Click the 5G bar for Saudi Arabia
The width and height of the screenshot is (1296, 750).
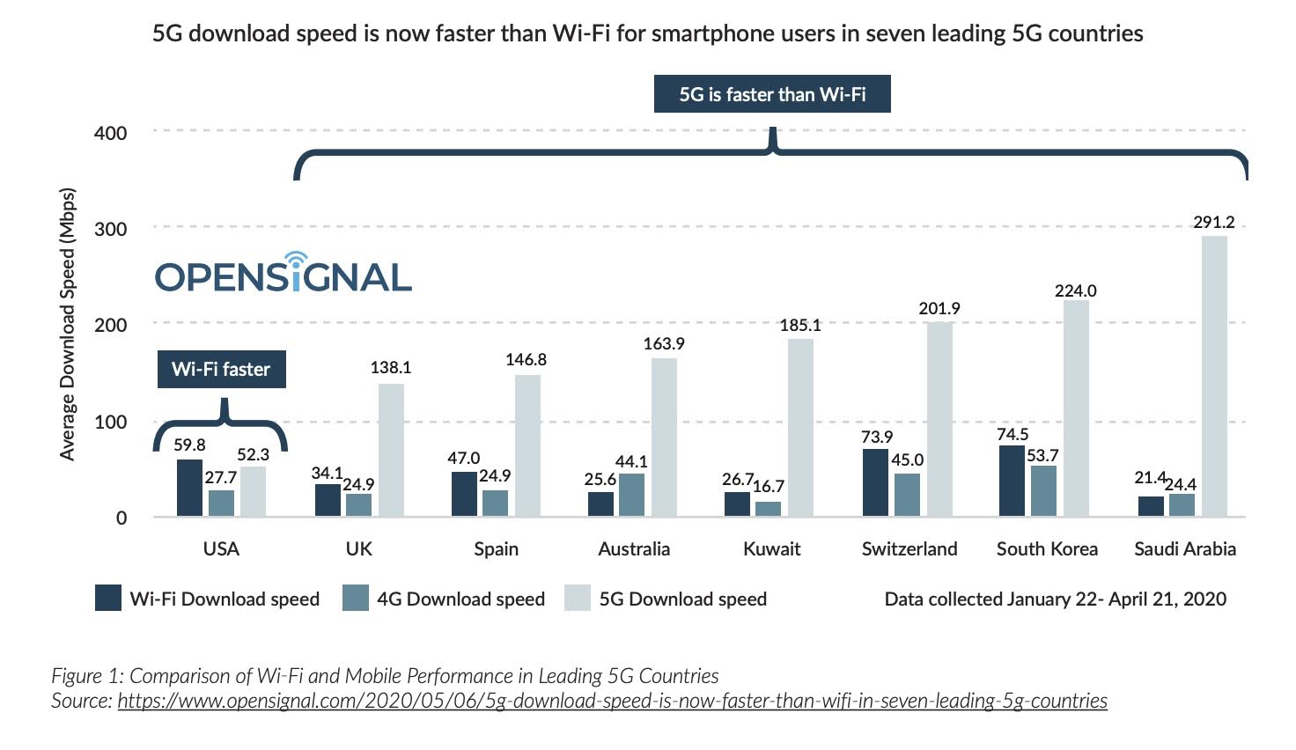coord(1214,376)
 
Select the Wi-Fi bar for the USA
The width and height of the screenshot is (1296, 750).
coord(189,488)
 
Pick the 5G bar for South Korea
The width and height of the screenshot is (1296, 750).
coord(1076,408)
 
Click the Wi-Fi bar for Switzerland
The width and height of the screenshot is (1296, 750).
coord(875,482)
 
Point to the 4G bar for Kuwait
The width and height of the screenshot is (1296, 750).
coord(768,509)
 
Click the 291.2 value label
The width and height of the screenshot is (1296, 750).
coord(1214,222)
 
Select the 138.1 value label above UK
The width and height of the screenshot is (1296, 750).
coord(391,368)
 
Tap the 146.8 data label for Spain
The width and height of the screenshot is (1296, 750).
coord(526,359)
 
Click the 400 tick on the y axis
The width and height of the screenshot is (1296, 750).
coord(110,133)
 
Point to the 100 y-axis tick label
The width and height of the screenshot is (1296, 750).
coord(110,422)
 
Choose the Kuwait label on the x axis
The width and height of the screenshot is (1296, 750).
coord(772,549)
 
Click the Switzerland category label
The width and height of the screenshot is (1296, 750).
coord(909,549)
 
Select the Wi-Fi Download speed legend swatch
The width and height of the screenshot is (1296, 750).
coord(108,599)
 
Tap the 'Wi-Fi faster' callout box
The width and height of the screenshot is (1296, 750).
coord(221,369)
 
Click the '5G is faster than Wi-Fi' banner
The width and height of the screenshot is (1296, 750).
coord(772,94)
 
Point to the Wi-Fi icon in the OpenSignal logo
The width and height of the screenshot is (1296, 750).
coord(296,261)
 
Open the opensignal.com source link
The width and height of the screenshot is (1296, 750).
coord(612,702)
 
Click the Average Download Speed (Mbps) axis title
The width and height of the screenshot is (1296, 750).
coord(68,323)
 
